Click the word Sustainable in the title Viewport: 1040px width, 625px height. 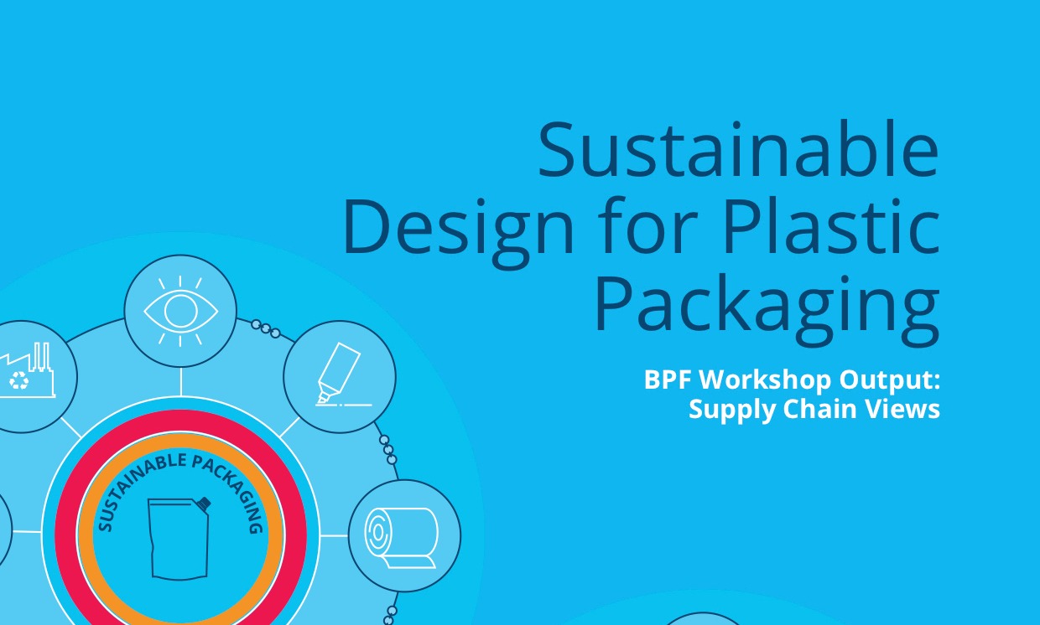pyautogui.click(x=738, y=151)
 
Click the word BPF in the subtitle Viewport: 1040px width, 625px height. pyautogui.click(x=668, y=380)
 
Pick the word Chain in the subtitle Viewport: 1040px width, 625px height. pyautogui.click(x=813, y=411)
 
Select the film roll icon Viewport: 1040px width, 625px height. pyautogui.click(x=403, y=535)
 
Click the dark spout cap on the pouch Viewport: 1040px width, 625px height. pyautogui.click(x=204, y=504)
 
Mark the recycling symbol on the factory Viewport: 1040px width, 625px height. pyautogui.click(x=18, y=381)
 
